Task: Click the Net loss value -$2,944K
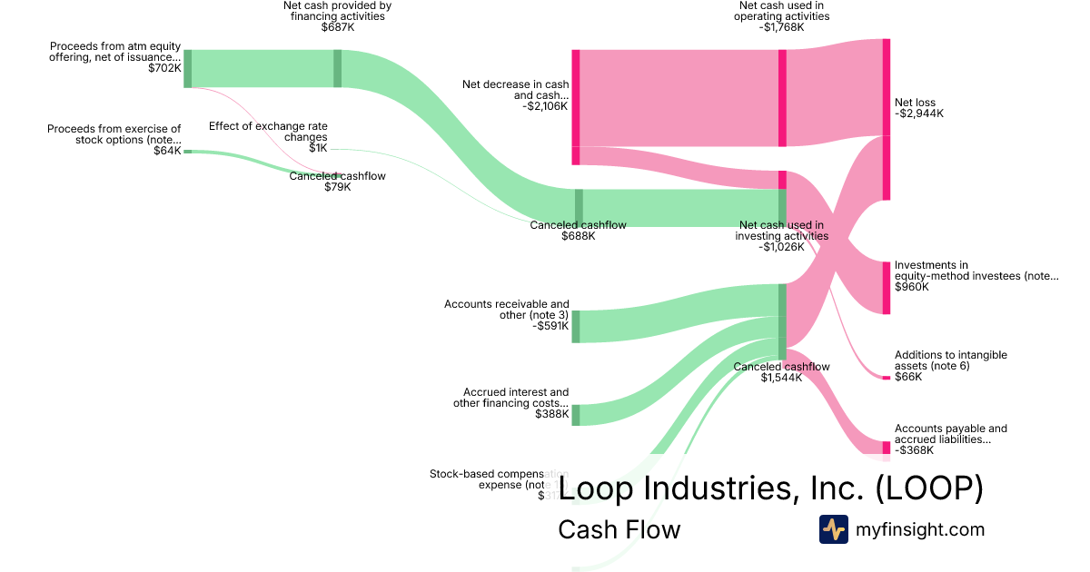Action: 919,114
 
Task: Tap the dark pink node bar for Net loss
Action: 887,119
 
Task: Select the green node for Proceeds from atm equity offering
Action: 187,69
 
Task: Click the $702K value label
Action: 164,68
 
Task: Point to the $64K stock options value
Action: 167,151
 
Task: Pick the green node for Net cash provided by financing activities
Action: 337,68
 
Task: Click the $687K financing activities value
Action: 337,27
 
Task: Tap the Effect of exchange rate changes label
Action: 268,132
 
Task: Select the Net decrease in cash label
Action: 515,90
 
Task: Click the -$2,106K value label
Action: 545,106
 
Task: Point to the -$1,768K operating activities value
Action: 783,27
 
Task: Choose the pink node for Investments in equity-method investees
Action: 887,288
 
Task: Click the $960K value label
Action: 912,287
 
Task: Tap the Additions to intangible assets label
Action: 950,360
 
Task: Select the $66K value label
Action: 908,377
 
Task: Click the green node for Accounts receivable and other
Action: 575,326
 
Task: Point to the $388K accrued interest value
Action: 552,415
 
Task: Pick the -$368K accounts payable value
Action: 916,450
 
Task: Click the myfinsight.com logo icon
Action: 833,529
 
